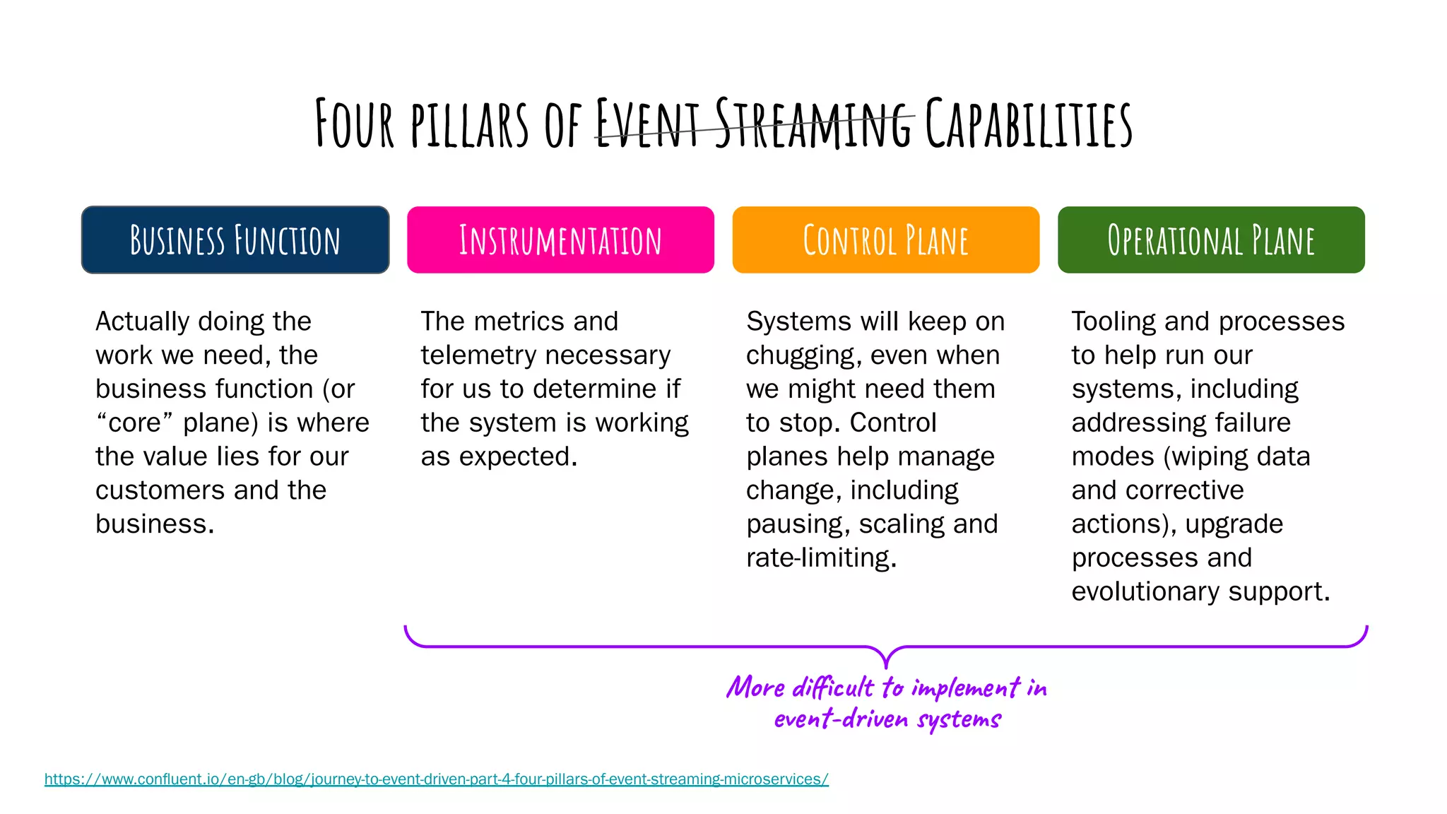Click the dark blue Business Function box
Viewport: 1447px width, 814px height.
(x=235, y=240)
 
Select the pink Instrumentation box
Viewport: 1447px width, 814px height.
(x=560, y=240)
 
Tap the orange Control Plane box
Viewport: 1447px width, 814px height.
(x=885, y=240)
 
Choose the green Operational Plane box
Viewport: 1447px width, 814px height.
(x=1211, y=240)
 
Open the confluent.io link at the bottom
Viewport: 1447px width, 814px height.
(x=436, y=779)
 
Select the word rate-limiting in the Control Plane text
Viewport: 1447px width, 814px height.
(x=821, y=558)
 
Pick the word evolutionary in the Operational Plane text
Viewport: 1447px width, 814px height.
(x=1145, y=592)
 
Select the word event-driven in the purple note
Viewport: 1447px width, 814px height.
(x=841, y=719)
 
